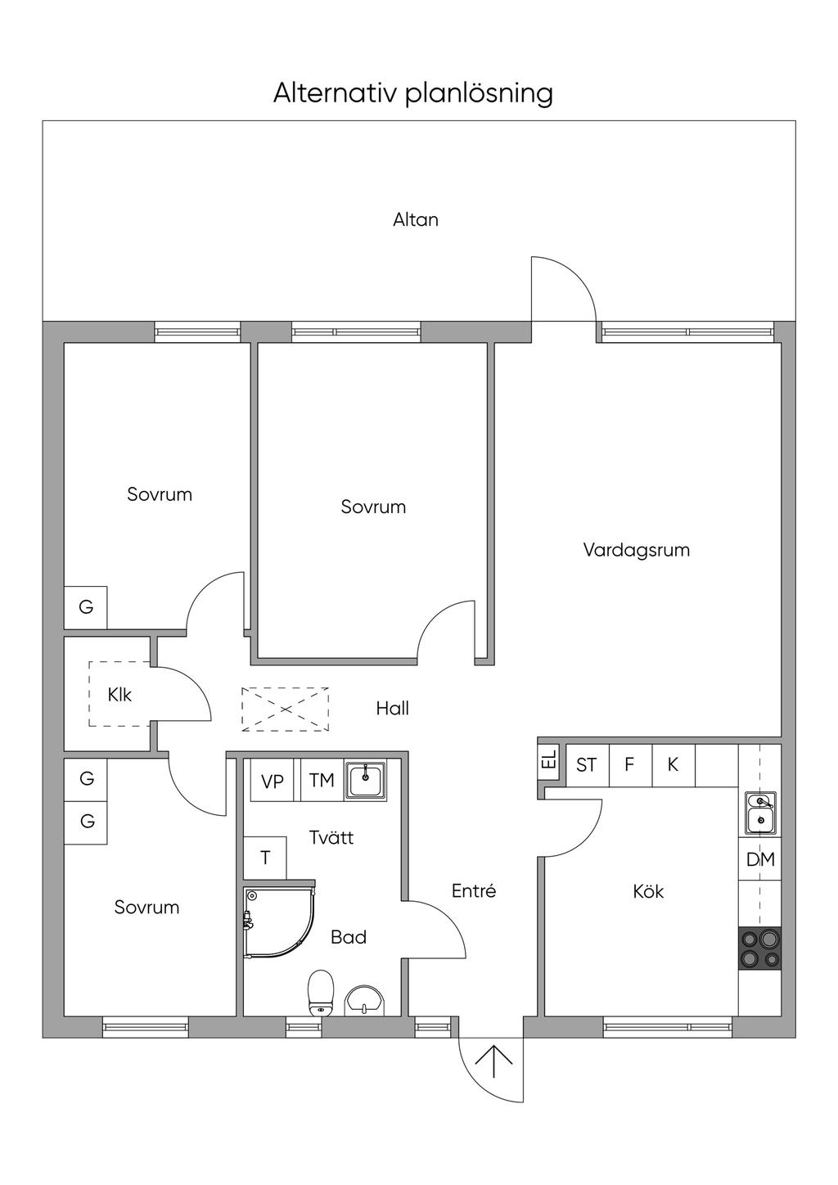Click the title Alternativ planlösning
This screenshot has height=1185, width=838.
413,93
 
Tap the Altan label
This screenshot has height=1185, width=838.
415,219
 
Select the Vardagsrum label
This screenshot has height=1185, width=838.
637,550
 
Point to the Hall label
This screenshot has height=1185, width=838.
393,709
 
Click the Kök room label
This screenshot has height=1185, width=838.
648,891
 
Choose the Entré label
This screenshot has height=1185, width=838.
474,891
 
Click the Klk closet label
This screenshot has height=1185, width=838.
119,695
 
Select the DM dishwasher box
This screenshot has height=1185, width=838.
759,859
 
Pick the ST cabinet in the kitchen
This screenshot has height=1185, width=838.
588,765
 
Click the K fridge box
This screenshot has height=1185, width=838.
673,765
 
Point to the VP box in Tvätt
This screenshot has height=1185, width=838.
272,780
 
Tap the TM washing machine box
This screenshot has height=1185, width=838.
322,780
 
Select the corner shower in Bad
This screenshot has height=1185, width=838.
279,923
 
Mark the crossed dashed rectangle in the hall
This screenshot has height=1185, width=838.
285,709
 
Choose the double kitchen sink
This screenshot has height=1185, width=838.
760,813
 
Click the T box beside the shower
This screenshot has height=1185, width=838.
265,858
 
